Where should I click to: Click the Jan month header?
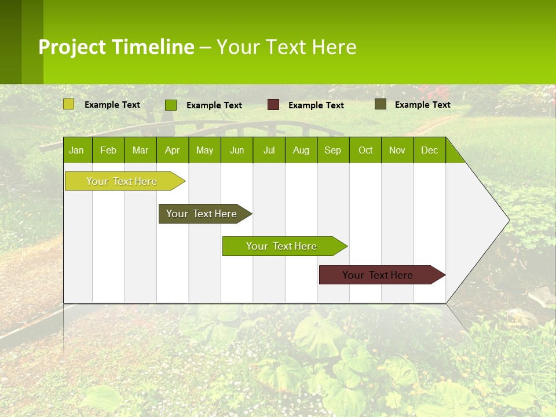[x=77, y=151]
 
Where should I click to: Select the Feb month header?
[x=108, y=151]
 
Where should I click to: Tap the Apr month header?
[x=172, y=151]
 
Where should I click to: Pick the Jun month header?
[x=237, y=151]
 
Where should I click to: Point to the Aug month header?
[x=301, y=151]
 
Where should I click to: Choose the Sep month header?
[x=332, y=151]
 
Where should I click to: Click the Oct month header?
[x=365, y=151]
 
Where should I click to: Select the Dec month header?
[x=429, y=151]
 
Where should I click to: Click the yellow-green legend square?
[x=69, y=104]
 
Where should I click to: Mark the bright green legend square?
[x=171, y=105]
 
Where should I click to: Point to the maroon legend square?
[x=273, y=105]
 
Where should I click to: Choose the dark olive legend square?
[x=381, y=104]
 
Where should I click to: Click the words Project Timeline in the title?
[x=116, y=47]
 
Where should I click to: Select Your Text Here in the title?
[x=286, y=47]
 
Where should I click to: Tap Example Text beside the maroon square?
[x=316, y=105]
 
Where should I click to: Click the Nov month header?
[x=397, y=151]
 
